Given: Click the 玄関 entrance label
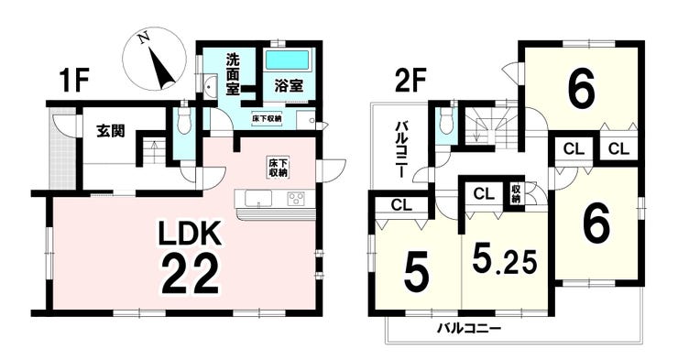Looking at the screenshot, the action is pos(111,130).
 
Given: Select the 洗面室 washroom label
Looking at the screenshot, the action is pos(234,76).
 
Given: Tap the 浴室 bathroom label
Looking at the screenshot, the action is pos(289,85).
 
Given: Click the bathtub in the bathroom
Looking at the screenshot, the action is pos(287,60).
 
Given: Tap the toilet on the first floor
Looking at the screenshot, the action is pos(185,121).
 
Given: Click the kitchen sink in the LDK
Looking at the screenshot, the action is pos(257,199).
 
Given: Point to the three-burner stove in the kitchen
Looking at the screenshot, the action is pos(296,199).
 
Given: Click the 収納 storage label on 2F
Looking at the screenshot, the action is pos(516,194).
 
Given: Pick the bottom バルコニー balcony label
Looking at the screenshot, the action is pos(468,328).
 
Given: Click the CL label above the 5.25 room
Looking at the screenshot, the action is pos(484,193).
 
